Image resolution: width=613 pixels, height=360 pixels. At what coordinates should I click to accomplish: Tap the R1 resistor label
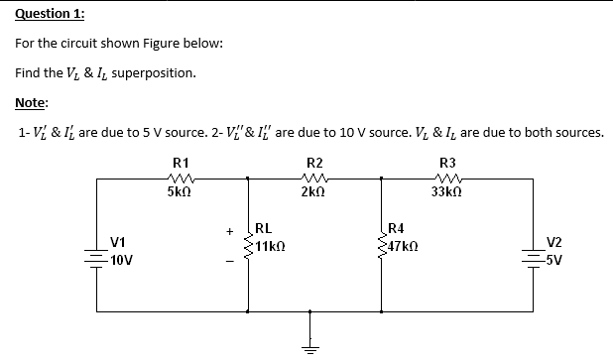[181, 162]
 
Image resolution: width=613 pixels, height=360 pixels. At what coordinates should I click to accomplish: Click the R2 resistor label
[314, 162]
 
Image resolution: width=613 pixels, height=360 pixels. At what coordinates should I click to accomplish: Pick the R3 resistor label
[447, 162]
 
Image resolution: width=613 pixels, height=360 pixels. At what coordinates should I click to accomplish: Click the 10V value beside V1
[123, 261]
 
